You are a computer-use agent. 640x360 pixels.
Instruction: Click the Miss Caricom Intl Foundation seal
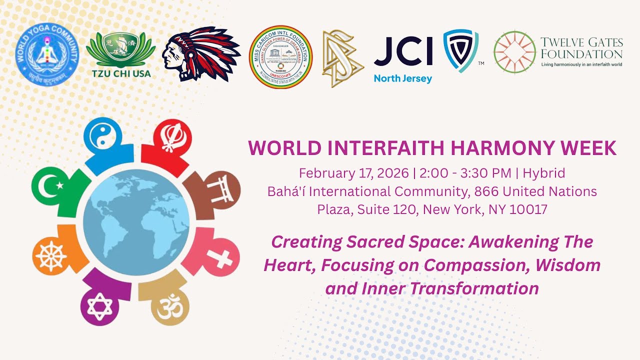280,57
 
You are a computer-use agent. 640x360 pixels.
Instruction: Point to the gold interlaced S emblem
342,58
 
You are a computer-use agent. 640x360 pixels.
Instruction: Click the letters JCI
403,52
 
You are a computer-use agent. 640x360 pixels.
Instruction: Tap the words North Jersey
403,78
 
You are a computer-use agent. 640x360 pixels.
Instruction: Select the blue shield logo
460,51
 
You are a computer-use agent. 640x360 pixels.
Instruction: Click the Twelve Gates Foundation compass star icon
514,52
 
